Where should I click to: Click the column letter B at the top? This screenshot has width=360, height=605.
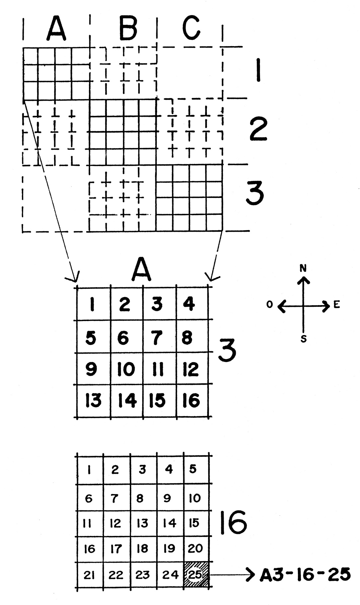coord(128,29)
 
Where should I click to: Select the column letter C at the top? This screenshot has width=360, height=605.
coord(191,28)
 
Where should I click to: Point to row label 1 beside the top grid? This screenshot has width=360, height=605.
coord(258,70)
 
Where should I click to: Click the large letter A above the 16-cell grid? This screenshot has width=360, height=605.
coord(141,270)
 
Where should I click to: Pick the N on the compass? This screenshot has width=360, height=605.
coord(303,269)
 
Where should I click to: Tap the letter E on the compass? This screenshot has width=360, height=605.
coord(337,305)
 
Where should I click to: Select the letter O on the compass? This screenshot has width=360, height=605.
coord(270,304)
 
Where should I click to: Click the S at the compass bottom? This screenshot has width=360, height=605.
coord(303,339)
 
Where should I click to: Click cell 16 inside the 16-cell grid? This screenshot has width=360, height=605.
coord(191,400)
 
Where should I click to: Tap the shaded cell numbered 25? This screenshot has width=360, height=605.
coord(196,574)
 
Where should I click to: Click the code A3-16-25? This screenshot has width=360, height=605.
coord(305,574)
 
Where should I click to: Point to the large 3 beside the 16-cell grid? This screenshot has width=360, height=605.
coord(227,351)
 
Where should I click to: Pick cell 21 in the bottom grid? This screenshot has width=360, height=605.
coord(89,575)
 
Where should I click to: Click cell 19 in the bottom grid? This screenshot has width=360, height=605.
coord(169,548)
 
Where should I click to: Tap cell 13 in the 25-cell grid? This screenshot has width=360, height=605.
coord(142,523)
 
